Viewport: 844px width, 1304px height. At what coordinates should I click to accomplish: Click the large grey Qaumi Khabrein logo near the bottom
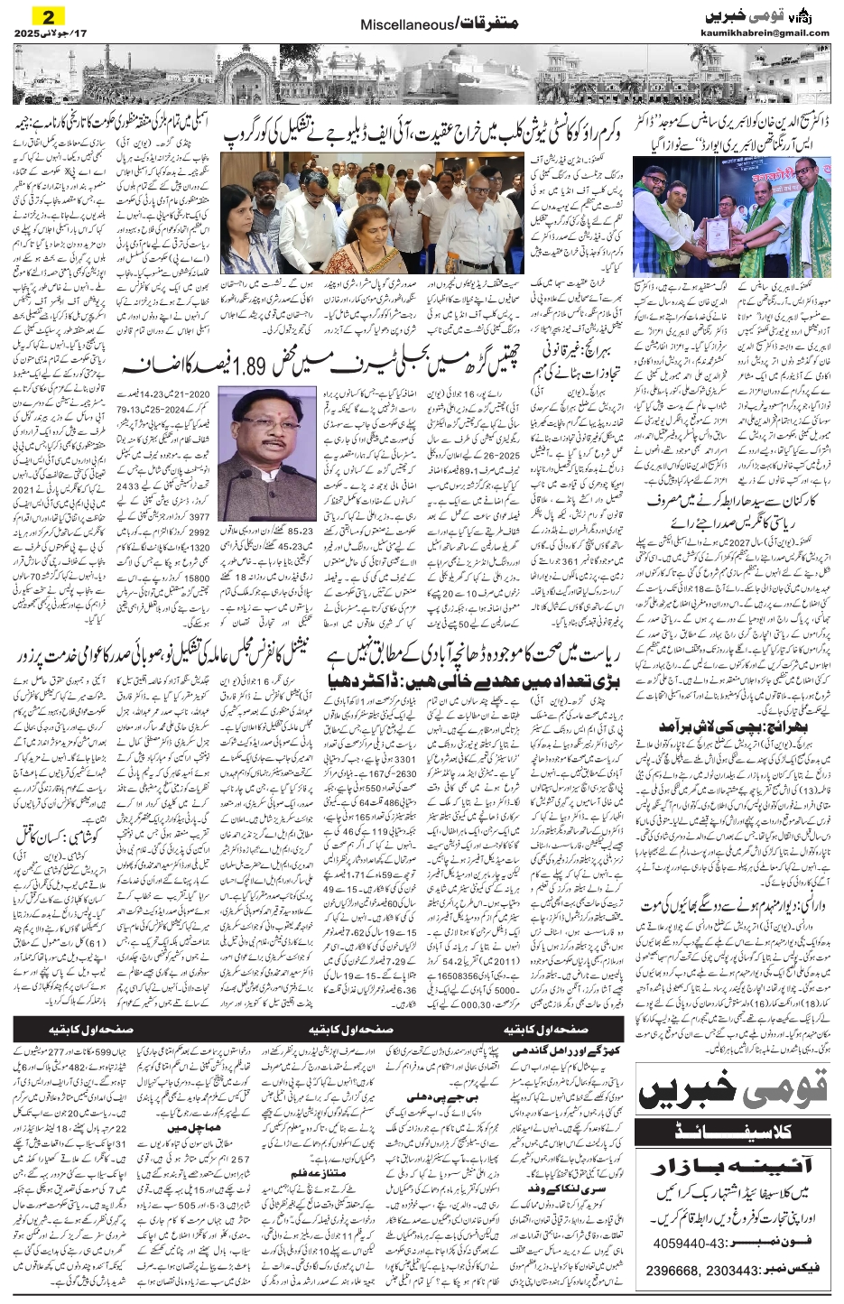733,1096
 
